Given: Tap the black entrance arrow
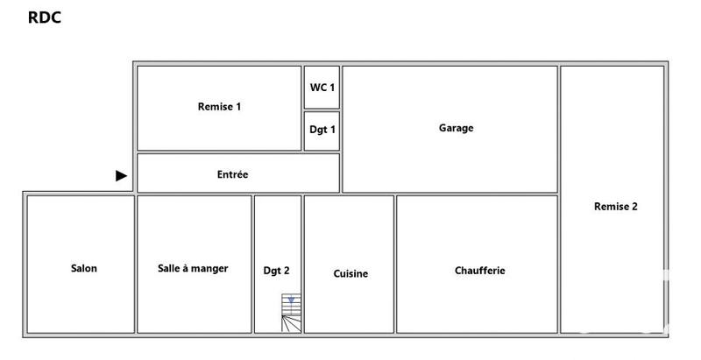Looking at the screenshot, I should [x=122, y=176].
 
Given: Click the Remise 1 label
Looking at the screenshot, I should [x=219, y=107].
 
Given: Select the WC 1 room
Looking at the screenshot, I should [x=322, y=87].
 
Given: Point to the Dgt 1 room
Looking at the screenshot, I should [x=322, y=131].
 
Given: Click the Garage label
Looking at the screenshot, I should [x=456, y=128].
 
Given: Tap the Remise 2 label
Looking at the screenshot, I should [x=615, y=207].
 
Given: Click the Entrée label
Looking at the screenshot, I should [x=232, y=174].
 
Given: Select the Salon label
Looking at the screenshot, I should [x=84, y=269].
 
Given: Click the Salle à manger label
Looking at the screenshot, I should [x=193, y=269].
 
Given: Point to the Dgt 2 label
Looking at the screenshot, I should [x=276, y=271].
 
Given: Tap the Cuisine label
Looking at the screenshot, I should [x=350, y=273].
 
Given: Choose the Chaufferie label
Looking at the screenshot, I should [x=479, y=271].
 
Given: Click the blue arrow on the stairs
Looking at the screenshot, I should [x=291, y=300].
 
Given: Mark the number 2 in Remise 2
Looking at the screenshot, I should [x=634, y=207].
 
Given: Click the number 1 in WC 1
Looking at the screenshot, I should [x=333, y=87].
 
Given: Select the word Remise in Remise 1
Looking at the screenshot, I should [x=215, y=107].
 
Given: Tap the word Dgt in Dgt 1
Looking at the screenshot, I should [x=318, y=131].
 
